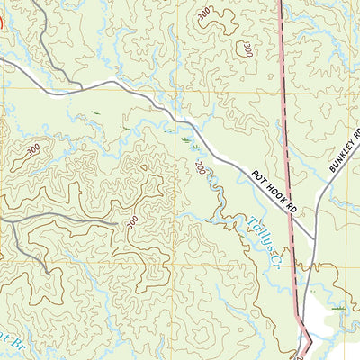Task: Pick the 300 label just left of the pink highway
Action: tap(244, 49)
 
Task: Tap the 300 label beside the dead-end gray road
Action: tap(132, 220)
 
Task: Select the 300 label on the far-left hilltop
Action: tap(32, 150)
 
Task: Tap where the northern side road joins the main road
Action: tap(81, 87)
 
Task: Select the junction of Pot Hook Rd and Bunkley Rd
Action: tap(314, 241)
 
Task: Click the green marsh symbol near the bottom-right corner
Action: tap(340, 309)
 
